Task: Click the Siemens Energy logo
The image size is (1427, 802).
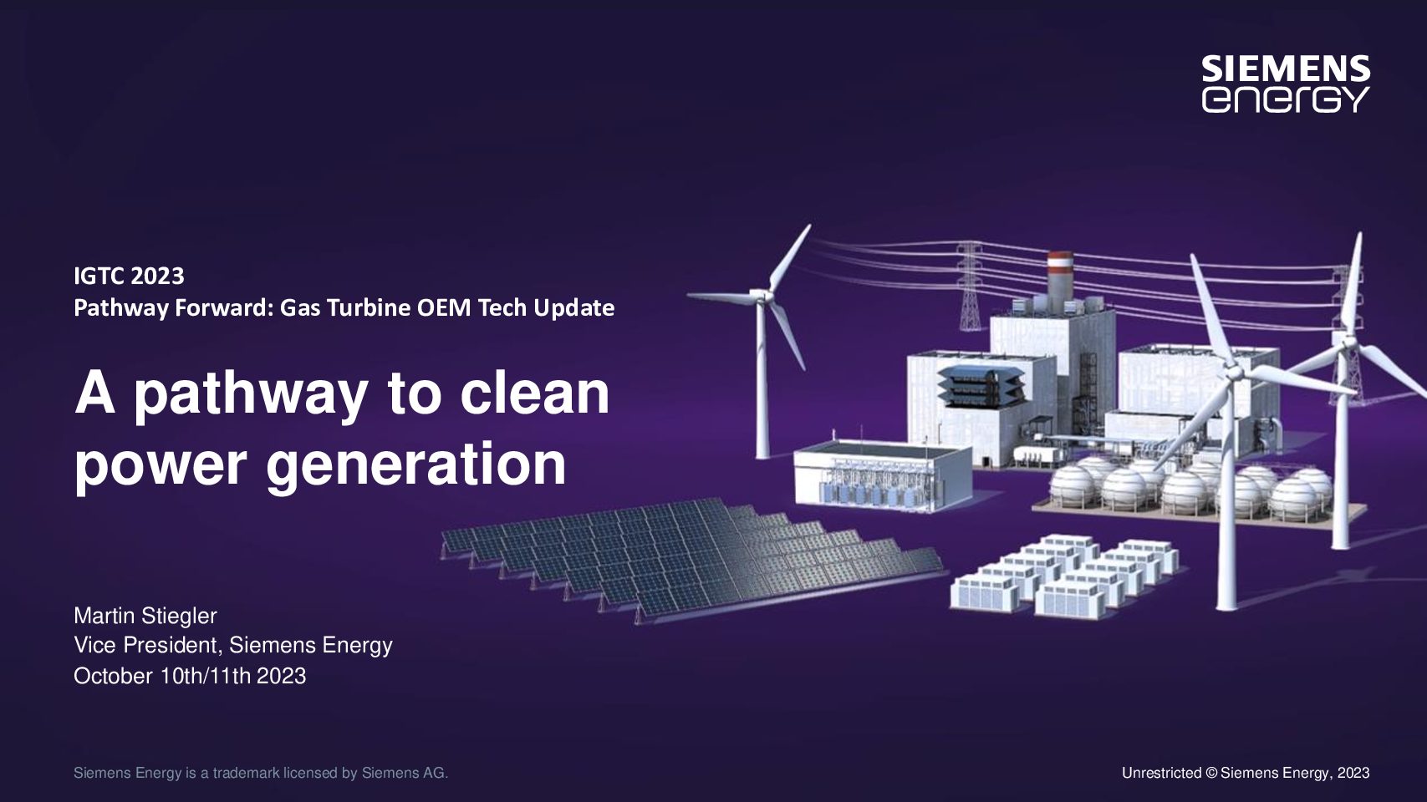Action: [x=1286, y=84]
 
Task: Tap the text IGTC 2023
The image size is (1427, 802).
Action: [x=129, y=277]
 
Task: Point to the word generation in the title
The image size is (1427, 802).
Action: [x=416, y=464]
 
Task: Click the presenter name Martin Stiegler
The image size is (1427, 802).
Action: [x=145, y=616]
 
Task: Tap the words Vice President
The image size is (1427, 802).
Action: [x=148, y=646]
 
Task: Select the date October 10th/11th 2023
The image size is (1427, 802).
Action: [x=190, y=676]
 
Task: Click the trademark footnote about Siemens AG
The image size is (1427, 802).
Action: [x=261, y=774]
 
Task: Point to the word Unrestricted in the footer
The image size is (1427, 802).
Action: [x=1161, y=774]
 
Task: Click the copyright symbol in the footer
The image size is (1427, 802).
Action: [x=1211, y=774]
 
